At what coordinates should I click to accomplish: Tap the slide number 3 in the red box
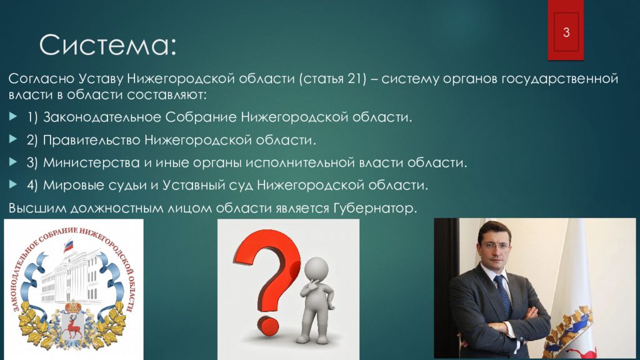coord(566,32)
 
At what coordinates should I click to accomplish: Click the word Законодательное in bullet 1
coord(102,117)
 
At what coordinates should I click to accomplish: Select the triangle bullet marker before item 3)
coord(13,162)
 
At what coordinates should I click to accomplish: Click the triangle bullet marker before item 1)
coord(13,117)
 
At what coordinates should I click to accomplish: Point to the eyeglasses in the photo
coord(496,246)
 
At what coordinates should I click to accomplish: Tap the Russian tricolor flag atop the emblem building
coord(67,246)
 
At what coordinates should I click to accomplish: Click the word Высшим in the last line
coord(37,209)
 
